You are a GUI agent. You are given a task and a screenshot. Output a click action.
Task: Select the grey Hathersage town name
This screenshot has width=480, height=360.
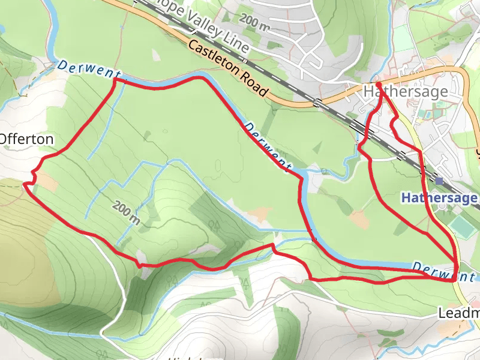pyautogui.click(x=406, y=92)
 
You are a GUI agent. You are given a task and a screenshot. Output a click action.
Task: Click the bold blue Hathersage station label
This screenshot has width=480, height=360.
pyautogui.click(x=439, y=197)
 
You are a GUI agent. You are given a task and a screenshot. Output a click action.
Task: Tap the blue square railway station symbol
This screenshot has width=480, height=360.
pyautogui.click(x=440, y=181)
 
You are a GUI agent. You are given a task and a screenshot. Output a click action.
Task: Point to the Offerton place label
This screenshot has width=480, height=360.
pyautogui.click(x=26, y=139)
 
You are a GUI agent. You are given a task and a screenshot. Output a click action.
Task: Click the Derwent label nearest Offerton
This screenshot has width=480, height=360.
pyautogui.click(x=86, y=70)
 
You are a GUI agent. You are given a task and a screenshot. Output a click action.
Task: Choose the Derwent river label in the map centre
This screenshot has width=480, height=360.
pyautogui.click(x=268, y=147)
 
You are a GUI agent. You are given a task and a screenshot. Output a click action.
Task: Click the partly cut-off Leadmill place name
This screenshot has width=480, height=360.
pyautogui.click(x=459, y=313)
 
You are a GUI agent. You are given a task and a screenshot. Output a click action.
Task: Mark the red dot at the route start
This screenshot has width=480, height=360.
pyautogui.click(x=378, y=85)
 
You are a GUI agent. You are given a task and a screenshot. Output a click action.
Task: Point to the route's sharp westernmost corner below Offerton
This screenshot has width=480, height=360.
pyautogui.click(x=25, y=185)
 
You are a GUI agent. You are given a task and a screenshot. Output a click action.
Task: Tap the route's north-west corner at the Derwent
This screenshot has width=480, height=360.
pyautogui.click(x=115, y=79)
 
